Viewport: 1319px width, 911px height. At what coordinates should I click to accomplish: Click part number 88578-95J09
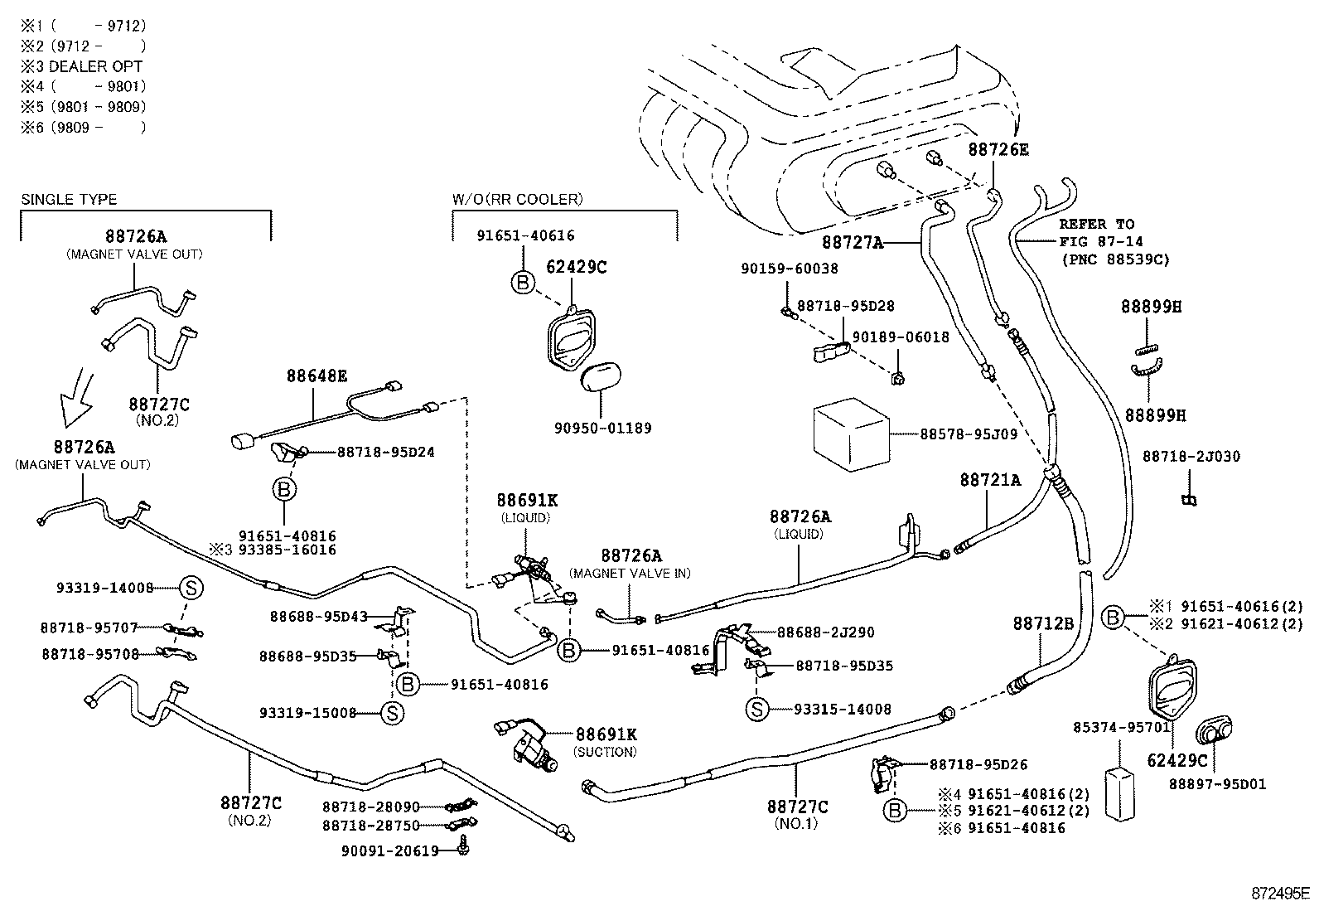(969, 434)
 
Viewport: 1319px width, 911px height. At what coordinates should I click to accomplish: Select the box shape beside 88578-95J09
(850, 433)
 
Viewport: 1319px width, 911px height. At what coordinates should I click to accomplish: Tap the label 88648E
(317, 376)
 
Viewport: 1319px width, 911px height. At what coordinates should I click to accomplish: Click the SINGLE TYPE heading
(69, 200)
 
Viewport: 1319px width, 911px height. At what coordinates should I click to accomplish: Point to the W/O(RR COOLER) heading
(517, 200)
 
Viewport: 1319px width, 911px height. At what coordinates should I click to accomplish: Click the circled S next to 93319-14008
(190, 589)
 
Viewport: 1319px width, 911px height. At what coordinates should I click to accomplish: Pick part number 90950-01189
(602, 429)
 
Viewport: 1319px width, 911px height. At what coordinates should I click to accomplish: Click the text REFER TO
(1096, 225)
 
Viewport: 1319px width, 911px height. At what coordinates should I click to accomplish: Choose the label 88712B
(1043, 623)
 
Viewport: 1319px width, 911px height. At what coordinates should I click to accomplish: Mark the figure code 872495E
(1279, 894)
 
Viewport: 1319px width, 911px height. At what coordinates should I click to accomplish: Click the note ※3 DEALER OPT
(82, 66)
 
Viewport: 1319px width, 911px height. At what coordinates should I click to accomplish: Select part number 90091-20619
(389, 850)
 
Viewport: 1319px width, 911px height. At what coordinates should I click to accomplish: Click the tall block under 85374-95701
(1119, 793)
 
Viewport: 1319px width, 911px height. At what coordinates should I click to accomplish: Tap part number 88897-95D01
(1217, 784)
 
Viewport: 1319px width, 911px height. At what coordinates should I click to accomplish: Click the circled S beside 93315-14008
(756, 709)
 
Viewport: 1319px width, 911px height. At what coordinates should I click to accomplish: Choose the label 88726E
(998, 149)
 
